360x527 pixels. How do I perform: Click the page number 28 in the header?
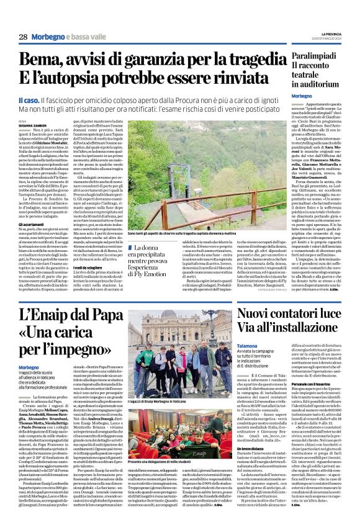[22, 37]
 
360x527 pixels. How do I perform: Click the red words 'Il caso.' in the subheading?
[29, 100]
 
